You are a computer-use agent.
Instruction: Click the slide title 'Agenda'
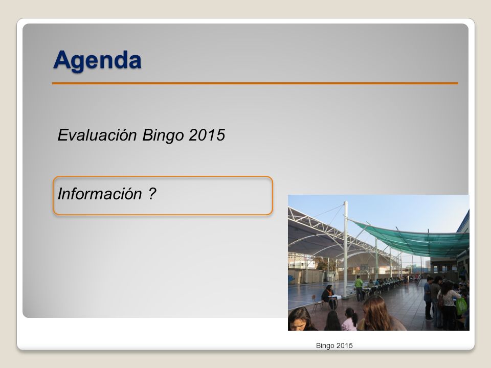(x=97, y=60)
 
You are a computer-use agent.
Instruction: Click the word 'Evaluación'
(x=97, y=135)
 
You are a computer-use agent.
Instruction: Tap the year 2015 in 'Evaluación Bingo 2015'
(x=207, y=135)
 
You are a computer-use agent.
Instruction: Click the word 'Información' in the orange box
(x=100, y=194)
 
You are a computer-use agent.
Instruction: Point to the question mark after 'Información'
(x=152, y=193)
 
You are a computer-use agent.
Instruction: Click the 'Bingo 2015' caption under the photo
(x=334, y=346)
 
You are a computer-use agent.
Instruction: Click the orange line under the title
(x=255, y=83)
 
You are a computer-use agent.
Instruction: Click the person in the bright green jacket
(x=359, y=288)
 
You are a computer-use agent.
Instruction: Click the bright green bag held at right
(x=461, y=306)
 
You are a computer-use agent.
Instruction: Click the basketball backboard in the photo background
(x=364, y=267)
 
